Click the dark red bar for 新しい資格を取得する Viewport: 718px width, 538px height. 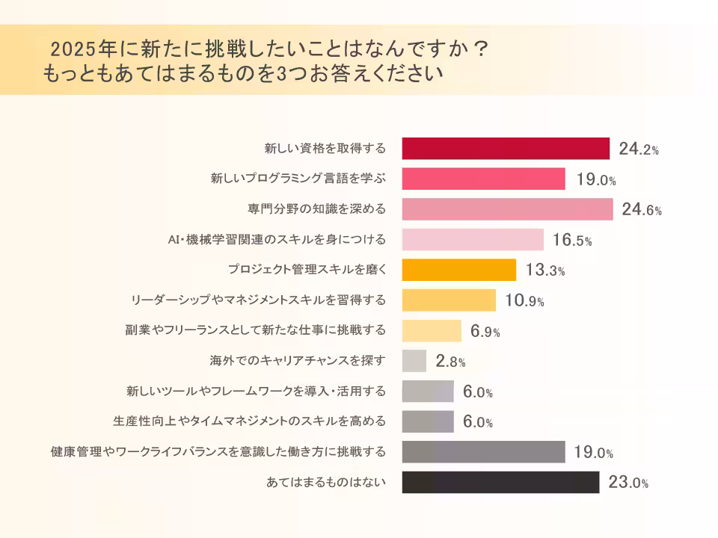click(506, 149)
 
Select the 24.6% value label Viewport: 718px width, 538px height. click(642, 210)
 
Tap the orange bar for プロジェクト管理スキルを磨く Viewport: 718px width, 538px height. click(459, 270)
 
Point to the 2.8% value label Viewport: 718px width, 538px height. click(450, 362)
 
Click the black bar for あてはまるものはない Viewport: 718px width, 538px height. click(500, 483)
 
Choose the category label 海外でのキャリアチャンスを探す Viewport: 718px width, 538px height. click(298, 361)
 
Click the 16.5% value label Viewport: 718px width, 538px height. click(572, 241)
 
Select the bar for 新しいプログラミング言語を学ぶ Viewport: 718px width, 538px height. click(483, 179)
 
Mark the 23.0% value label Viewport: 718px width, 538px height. click(628, 483)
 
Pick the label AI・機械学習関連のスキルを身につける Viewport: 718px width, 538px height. click(277, 240)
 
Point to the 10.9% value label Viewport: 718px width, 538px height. click(524, 301)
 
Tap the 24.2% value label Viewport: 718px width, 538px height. click(639, 149)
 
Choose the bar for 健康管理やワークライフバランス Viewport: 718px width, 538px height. click(483, 452)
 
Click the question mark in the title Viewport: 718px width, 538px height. click(482, 49)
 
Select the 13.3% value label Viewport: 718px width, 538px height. click(544, 270)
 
